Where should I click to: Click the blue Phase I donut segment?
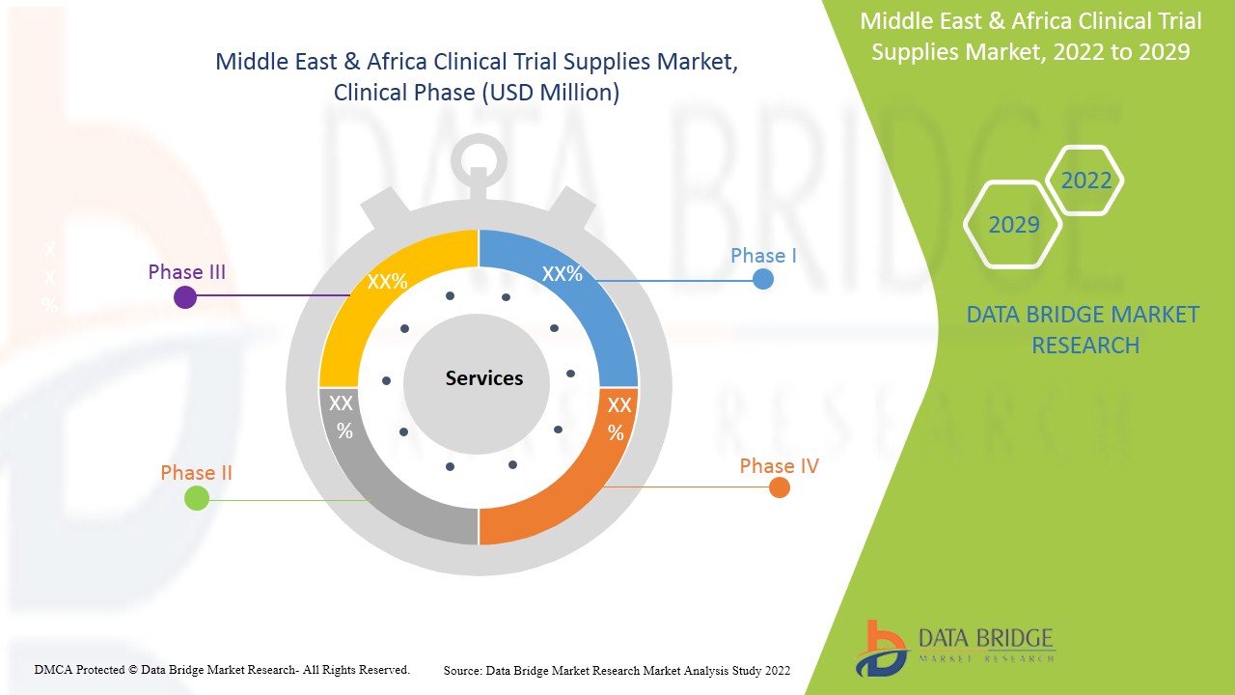point(589,309)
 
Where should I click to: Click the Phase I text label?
point(763,256)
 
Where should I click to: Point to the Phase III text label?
point(186,272)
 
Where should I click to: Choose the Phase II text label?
point(196,473)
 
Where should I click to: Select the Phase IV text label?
point(779,466)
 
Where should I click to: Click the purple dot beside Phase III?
point(185,297)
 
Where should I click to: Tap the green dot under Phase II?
point(197,498)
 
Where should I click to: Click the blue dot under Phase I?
point(763,279)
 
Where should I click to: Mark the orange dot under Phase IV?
point(780,488)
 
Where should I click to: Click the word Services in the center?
point(483,378)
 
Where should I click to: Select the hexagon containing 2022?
point(1085,181)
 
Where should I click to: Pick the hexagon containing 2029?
point(1013,225)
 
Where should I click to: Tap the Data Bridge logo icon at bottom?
point(880,648)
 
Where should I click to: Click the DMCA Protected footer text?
point(222,669)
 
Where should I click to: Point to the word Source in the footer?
point(462,670)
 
